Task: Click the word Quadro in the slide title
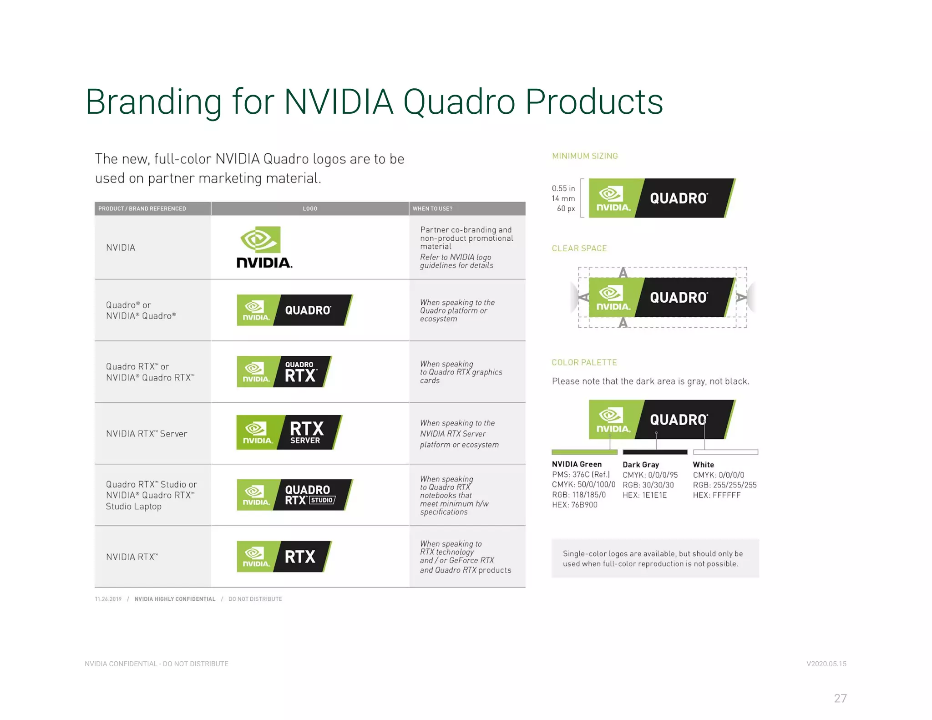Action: (459, 102)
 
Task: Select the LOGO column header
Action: (310, 208)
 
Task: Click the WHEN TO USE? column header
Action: (432, 208)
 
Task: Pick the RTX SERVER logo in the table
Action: (289, 432)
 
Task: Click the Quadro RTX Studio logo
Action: (294, 495)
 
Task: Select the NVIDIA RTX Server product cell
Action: (147, 434)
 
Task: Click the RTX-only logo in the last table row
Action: (284, 556)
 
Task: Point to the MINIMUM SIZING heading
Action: (585, 156)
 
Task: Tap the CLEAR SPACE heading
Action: (579, 248)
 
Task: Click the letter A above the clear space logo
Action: (623, 273)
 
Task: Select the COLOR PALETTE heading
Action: (584, 363)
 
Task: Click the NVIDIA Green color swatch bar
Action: (584, 452)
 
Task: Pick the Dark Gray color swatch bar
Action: (655, 452)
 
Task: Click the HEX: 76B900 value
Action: (574, 505)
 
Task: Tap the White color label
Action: (703, 465)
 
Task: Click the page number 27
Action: (840, 698)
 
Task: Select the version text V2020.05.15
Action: (826, 664)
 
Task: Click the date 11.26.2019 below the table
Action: (108, 599)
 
